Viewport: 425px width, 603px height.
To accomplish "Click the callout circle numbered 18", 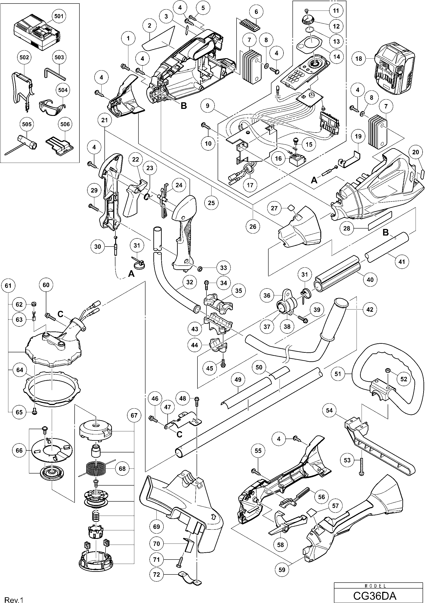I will point(359,59).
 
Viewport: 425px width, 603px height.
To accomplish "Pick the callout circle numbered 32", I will point(190,282).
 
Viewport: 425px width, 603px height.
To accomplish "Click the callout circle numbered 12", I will point(336,26).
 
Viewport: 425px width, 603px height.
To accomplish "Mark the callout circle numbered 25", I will point(211,203).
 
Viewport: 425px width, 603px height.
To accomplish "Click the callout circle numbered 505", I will point(27,124).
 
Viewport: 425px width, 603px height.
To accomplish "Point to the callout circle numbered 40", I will point(370,280).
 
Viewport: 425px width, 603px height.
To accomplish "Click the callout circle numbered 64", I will point(20,370).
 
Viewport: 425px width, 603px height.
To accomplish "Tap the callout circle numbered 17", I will point(250,185).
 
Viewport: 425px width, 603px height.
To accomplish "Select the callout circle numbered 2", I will point(150,26).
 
